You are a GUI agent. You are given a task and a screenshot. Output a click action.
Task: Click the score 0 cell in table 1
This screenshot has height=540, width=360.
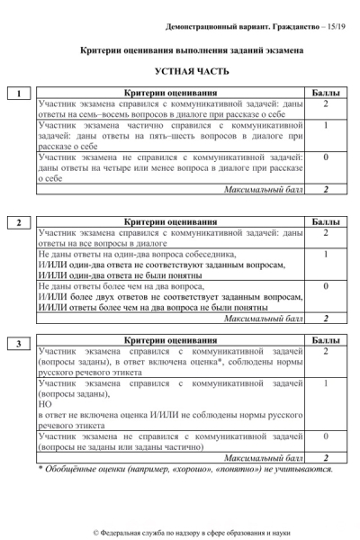(x=325, y=158)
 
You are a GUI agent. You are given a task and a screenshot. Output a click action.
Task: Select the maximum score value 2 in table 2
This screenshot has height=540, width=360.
(x=325, y=319)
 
